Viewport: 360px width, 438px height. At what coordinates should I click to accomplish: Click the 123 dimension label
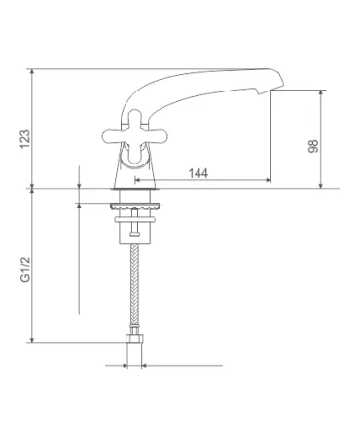click(x=25, y=139)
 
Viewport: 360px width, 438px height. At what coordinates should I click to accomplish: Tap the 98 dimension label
click(x=313, y=146)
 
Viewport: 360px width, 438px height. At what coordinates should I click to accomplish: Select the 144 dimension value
click(x=198, y=173)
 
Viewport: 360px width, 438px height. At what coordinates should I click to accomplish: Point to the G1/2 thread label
click(x=25, y=270)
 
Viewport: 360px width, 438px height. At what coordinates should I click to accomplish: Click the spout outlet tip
click(x=264, y=91)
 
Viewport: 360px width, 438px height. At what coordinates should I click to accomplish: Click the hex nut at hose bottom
click(x=134, y=338)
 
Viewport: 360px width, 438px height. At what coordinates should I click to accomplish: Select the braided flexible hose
click(x=134, y=286)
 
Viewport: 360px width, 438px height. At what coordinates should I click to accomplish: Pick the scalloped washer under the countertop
click(x=135, y=206)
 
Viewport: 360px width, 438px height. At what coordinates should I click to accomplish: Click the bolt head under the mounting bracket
click(x=135, y=234)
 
